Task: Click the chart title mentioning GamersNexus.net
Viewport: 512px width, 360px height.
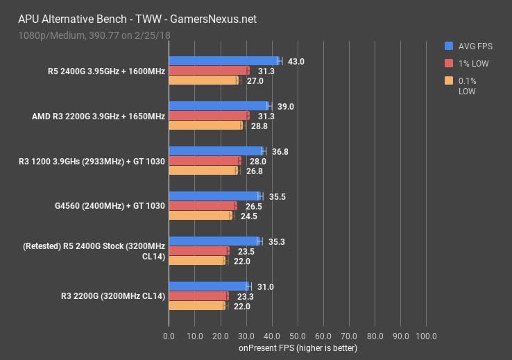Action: pos(135,19)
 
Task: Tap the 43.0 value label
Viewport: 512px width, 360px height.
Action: pos(296,62)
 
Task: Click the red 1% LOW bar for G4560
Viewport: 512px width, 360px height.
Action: pos(203,206)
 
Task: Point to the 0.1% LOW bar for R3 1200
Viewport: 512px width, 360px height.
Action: pos(204,170)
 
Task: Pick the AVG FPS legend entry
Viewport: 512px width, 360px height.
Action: pos(470,46)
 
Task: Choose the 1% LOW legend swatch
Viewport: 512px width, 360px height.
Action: pos(449,64)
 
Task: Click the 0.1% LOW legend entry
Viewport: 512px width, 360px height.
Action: pos(470,85)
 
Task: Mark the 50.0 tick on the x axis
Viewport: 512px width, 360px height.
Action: pos(298,336)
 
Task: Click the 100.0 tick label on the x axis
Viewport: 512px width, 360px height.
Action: pos(426,336)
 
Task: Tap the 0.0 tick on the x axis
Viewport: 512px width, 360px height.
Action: pos(169,336)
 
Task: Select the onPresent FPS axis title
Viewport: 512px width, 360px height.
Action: pos(298,348)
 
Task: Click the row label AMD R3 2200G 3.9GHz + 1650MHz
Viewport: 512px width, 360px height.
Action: pos(98,116)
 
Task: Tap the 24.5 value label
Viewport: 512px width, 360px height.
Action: pos(248,216)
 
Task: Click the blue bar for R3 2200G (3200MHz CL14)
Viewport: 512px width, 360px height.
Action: pos(209,286)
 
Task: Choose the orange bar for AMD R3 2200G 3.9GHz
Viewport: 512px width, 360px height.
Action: pos(205,126)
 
